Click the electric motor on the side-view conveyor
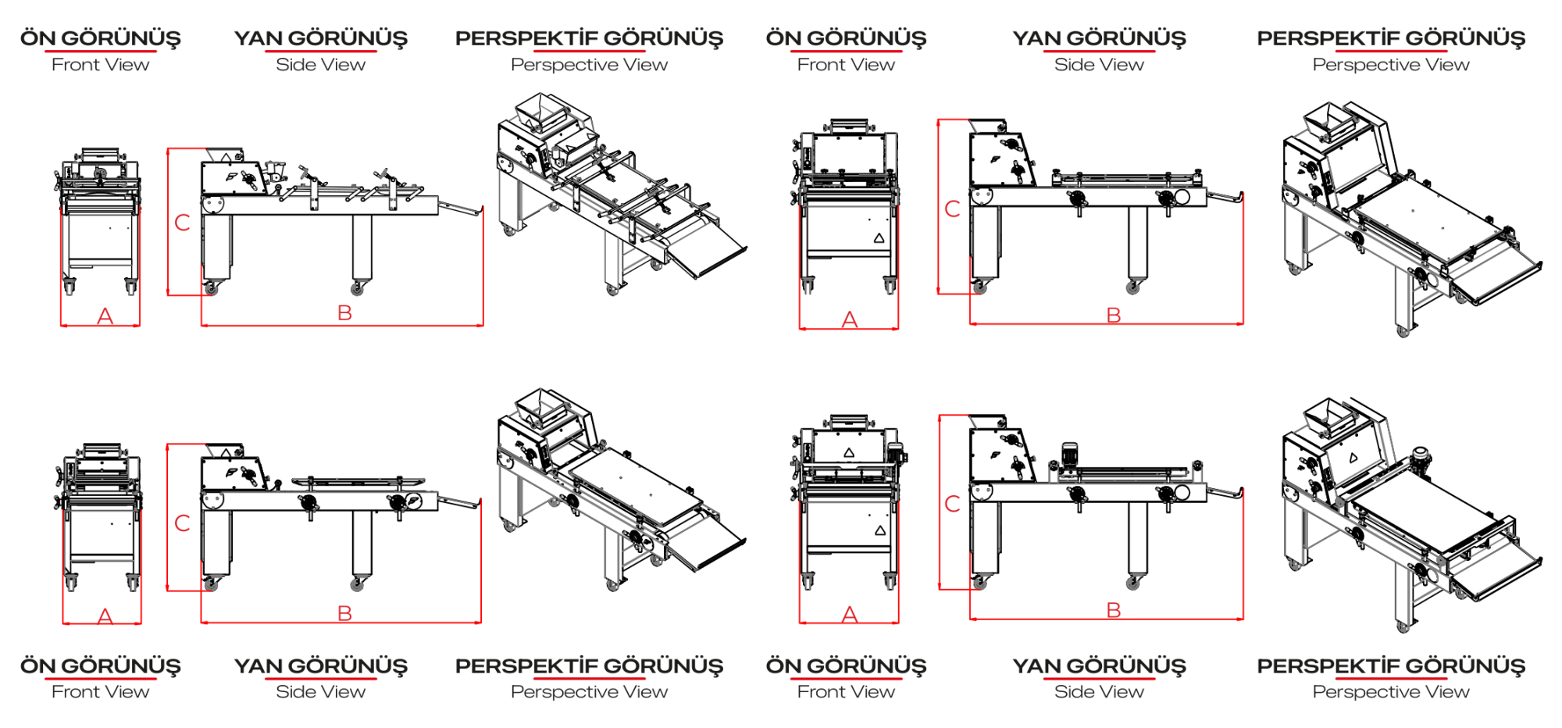pyautogui.click(x=1069, y=456)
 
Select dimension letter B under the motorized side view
pyautogui.click(x=1114, y=610)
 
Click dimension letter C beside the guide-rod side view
pyautogui.click(x=182, y=223)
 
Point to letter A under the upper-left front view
pyautogui.click(x=105, y=316)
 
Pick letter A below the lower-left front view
pyautogui.click(x=105, y=616)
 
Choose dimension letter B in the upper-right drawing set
pyautogui.click(x=1114, y=315)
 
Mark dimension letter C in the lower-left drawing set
pyautogui.click(x=182, y=523)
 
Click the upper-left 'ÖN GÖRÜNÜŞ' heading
pyautogui.click(x=101, y=38)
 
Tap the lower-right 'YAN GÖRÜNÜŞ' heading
pyautogui.click(x=1099, y=666)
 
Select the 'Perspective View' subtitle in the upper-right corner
pyautogui.click(x=1391, y=65)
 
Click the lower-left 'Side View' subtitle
pyautogui.click(x=320, y=692)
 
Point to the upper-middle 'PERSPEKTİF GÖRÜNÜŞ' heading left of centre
pyautogui.click(x=590, y=38)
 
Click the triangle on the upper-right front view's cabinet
pyautogui.click(x=879, y=237)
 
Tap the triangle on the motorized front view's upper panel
pyautogui.click(x=849, y=452)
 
